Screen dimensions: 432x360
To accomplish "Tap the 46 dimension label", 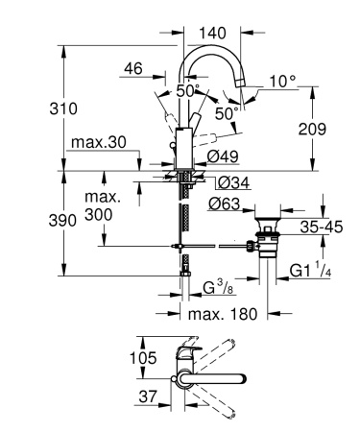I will tap(133, 69).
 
